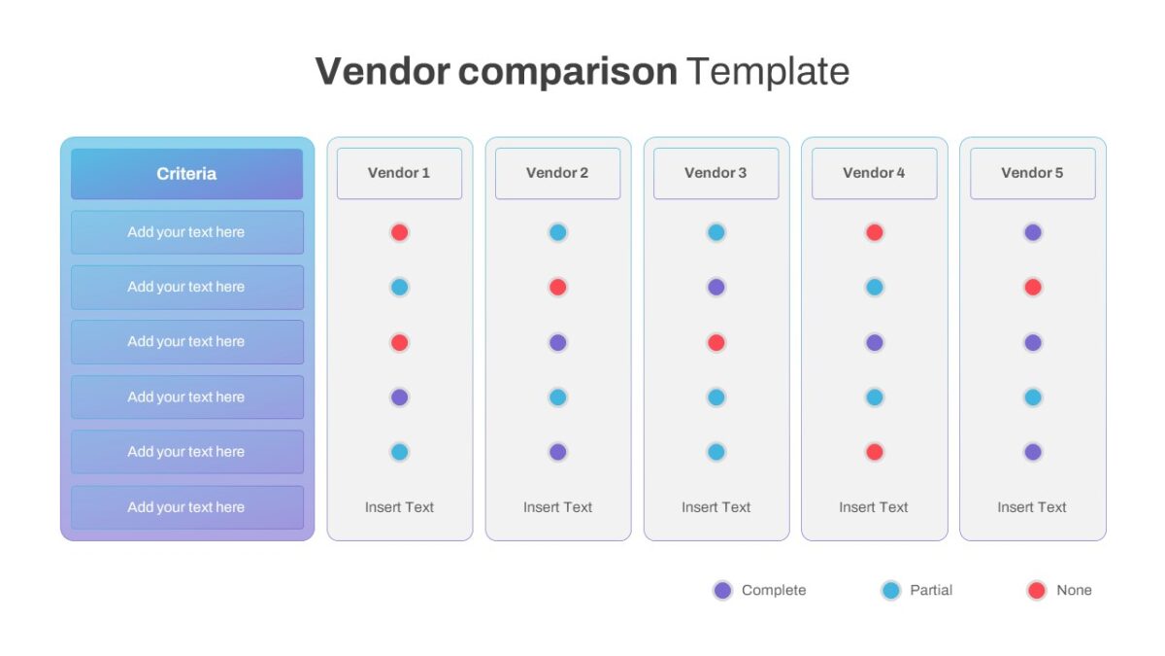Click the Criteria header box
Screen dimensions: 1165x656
(x=186, y=174)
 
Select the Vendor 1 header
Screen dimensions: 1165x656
(x=399, y=173)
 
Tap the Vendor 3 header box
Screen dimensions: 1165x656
(x=716, y=173)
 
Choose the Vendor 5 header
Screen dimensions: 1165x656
(x=1033, y=173)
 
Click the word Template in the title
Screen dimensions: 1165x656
(x=768, y=71)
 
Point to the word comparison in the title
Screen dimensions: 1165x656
(x=567, y=73)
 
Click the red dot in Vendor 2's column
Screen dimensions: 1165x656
(x=558, y=287)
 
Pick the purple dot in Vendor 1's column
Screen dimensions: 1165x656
(x=399, y=397)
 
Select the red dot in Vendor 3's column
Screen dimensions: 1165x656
(x=716, y=342)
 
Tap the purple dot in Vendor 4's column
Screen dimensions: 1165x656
(x=875, y=342)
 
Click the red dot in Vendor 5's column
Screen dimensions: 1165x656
(x=1033, y=287)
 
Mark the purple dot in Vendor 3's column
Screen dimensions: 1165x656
(x=716, y=287)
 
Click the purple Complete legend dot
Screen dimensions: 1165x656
(x=723, y=591)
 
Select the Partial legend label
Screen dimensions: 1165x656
(x=931, y=591)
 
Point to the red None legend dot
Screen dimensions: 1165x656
(x=1037, y=591)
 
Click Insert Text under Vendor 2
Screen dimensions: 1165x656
(x=557, y=507)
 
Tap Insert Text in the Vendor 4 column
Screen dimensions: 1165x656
(x=874, y=507)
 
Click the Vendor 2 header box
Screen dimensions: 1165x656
(x=558, y=173)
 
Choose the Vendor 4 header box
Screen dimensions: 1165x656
(x=875, y=173)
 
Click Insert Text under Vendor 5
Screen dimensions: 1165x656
(x=1032, y=507)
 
